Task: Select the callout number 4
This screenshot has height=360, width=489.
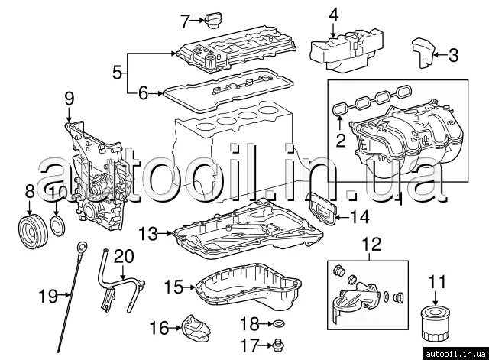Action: tap(333, 15)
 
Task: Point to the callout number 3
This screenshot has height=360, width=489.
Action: tap(453, 55)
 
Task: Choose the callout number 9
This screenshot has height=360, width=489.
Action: tap(69, 98)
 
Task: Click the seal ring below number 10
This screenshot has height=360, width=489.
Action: tap(58, 225)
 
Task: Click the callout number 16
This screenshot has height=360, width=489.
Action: tap(158, 328)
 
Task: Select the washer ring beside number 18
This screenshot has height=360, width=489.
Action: tap(278, 323)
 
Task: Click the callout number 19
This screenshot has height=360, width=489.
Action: tap(47, 293)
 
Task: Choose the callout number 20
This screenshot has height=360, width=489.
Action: tap(123, 255)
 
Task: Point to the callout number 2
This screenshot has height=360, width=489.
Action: tap(341, 140)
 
